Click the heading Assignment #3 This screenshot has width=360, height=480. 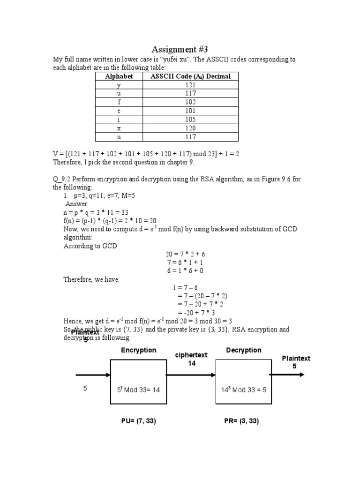click(x=180, y=49)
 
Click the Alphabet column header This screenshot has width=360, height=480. click(x=119, y=76)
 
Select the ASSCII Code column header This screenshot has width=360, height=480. click(x=190, y=76)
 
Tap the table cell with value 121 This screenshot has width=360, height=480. click(x=190, y=85)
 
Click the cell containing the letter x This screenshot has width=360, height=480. click(x=119, y=128)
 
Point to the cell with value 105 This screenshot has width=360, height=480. click(x=190, y=120)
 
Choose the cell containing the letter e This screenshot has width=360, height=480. click(x=119, y=111)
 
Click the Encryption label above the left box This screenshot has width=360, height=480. click(x=139, y=350)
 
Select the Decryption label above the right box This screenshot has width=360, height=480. click(x=244, y=350)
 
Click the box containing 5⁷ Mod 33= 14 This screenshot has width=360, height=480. click(x=138, y=381)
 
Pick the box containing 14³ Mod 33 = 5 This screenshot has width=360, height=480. click(x=243, y=381)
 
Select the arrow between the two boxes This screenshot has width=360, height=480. click(x=191, y=375)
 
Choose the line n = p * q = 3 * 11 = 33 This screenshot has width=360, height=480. click(x=96, y=212)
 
